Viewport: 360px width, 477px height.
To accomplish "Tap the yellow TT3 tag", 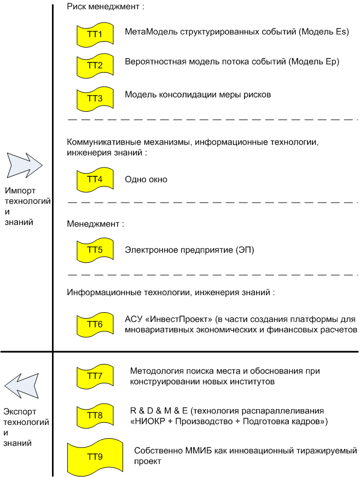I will coord(95,97).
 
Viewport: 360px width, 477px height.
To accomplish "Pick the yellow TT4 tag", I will coord(95,180).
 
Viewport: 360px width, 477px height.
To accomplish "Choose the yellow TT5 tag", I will coord(95,250).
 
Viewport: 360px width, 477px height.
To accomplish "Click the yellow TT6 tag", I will coord(95,324).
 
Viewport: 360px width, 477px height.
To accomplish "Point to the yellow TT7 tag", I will coord(95,376).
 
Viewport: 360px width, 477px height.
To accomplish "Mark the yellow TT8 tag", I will coord(95,415).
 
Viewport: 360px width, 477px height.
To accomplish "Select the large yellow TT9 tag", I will coord(95,456).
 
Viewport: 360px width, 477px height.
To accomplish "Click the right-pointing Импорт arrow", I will coord(24,164).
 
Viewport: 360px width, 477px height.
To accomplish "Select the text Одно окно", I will coord(146,180).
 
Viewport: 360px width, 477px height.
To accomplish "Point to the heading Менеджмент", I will coord(96,224).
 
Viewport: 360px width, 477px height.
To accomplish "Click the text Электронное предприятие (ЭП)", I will coord(189,250).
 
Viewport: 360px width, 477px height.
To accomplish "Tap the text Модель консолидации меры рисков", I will coord(198,95).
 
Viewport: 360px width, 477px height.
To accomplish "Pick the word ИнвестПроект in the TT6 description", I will coord(178,319).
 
